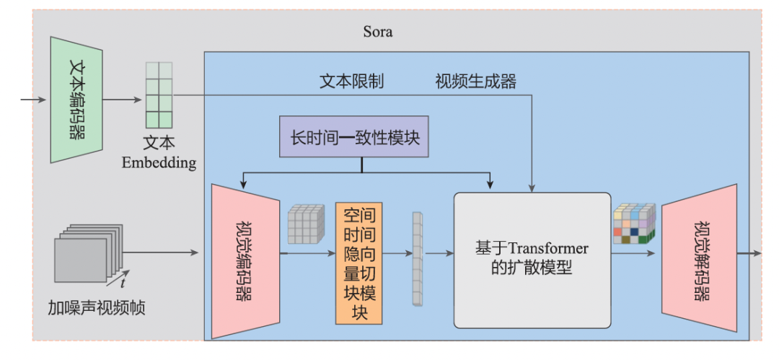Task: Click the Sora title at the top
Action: (379, 32)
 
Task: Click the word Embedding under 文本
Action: (159, 162)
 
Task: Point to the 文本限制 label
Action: (351, 81)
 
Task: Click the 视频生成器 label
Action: (475, 81)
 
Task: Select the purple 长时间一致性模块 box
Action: (353, 136)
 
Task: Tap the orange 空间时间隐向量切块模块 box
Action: (358, 263)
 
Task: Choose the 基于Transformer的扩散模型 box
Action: (532, 259)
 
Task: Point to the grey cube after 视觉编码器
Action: (306, 224)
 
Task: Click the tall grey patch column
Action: (416, 258)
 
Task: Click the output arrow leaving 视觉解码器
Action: (749, 253)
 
